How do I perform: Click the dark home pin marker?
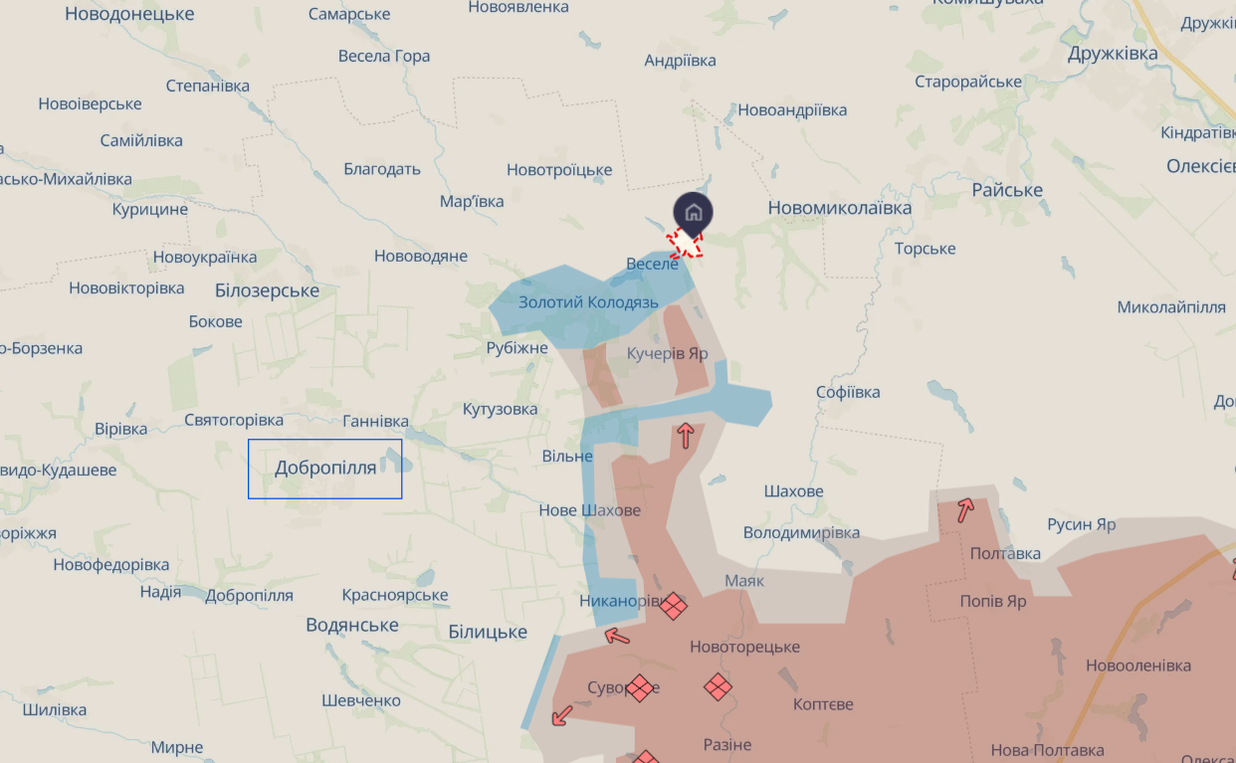[694, 213]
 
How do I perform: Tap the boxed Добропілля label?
[325, 468]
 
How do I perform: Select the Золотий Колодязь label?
[588, 301]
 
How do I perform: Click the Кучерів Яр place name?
[667, 353]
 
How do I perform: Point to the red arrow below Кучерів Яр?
[685, 435]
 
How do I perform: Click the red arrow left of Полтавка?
[965, 510]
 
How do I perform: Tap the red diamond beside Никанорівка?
[675, 605]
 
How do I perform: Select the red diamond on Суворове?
[639, 687]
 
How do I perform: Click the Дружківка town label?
[1113, 54]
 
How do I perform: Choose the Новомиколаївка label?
[840, 208]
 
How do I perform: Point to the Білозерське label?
[267, 290]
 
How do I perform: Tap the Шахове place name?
[793, 491]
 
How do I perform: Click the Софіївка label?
[848, 392]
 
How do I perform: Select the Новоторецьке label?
[744, 647]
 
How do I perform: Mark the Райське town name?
[1007, 190]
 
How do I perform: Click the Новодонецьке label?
[129, 14]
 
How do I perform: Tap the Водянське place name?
[352, 625]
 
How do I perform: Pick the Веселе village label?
[652, 264]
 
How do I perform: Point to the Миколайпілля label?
[1171, 307]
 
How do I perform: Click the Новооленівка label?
[1137, 666]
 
